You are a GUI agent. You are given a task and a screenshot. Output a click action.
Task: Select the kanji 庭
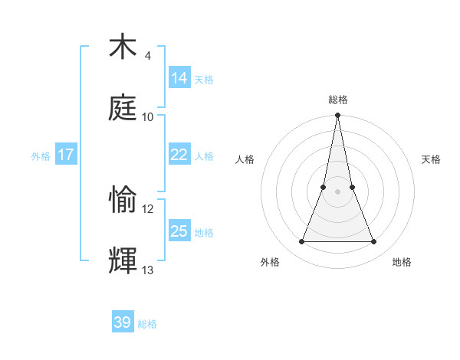(x=123, y=107)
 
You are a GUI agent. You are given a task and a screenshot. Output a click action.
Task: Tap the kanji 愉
(x=123, y=200)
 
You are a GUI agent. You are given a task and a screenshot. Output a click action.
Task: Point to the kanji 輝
(x=123, y=260)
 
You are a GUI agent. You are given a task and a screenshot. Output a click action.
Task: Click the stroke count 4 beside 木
(x=147, y=56)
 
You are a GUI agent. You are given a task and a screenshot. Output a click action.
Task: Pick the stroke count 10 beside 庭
(x=148, y=116)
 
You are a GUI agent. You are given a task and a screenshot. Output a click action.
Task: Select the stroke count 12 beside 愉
(x=148, y=208)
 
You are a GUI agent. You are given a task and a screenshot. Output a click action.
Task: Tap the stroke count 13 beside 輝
(x=148, y=270)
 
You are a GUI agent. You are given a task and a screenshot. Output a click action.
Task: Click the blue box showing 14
(x=179, y=78)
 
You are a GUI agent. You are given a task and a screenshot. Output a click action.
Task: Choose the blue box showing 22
(x=179, y=155)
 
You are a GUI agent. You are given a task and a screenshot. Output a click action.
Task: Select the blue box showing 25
(x=179, y=231)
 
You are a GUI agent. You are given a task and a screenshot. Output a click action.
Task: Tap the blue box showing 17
(x=66, y=155)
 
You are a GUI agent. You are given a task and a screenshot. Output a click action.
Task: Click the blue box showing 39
(x=123, y=322)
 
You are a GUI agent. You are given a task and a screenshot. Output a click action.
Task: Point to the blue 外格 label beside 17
(x=41, y=156)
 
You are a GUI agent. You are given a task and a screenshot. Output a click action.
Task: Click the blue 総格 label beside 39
(x=147, y=324)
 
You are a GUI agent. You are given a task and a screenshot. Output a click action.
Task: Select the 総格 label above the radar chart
(x=337, y=100)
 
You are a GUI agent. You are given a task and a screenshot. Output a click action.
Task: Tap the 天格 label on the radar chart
(x=431, y=160)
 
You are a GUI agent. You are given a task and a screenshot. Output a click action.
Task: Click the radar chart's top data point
(x=337, y=116)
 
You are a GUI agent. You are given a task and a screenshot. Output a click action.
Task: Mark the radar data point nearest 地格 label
(x=373, y=242)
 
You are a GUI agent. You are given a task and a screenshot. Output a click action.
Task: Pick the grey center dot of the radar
(x=337, y=191)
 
